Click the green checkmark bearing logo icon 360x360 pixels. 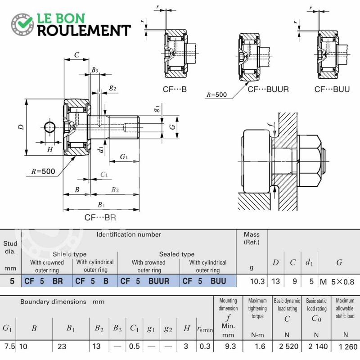coord(22,24)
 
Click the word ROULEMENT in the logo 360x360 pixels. coord(84,31)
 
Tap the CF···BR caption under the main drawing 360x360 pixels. coord(100,217)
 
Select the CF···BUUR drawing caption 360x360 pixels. coord(268,89)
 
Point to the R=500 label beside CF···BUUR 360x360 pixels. coord(216,94)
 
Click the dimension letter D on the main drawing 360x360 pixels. coord(21,127)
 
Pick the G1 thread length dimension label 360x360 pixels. coord(124,157)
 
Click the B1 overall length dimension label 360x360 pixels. coord(101,205)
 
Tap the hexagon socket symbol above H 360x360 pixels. coord(49,127)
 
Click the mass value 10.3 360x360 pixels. coord(257,281)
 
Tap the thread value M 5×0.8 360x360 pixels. coord(337,282)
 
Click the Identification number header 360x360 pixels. coord(129,234)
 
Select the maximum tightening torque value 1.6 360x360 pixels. coord(260,346)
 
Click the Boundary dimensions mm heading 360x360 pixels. coord(62,301)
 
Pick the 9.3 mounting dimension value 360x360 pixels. coord(230,346)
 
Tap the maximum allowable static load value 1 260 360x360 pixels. coord(348,346)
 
